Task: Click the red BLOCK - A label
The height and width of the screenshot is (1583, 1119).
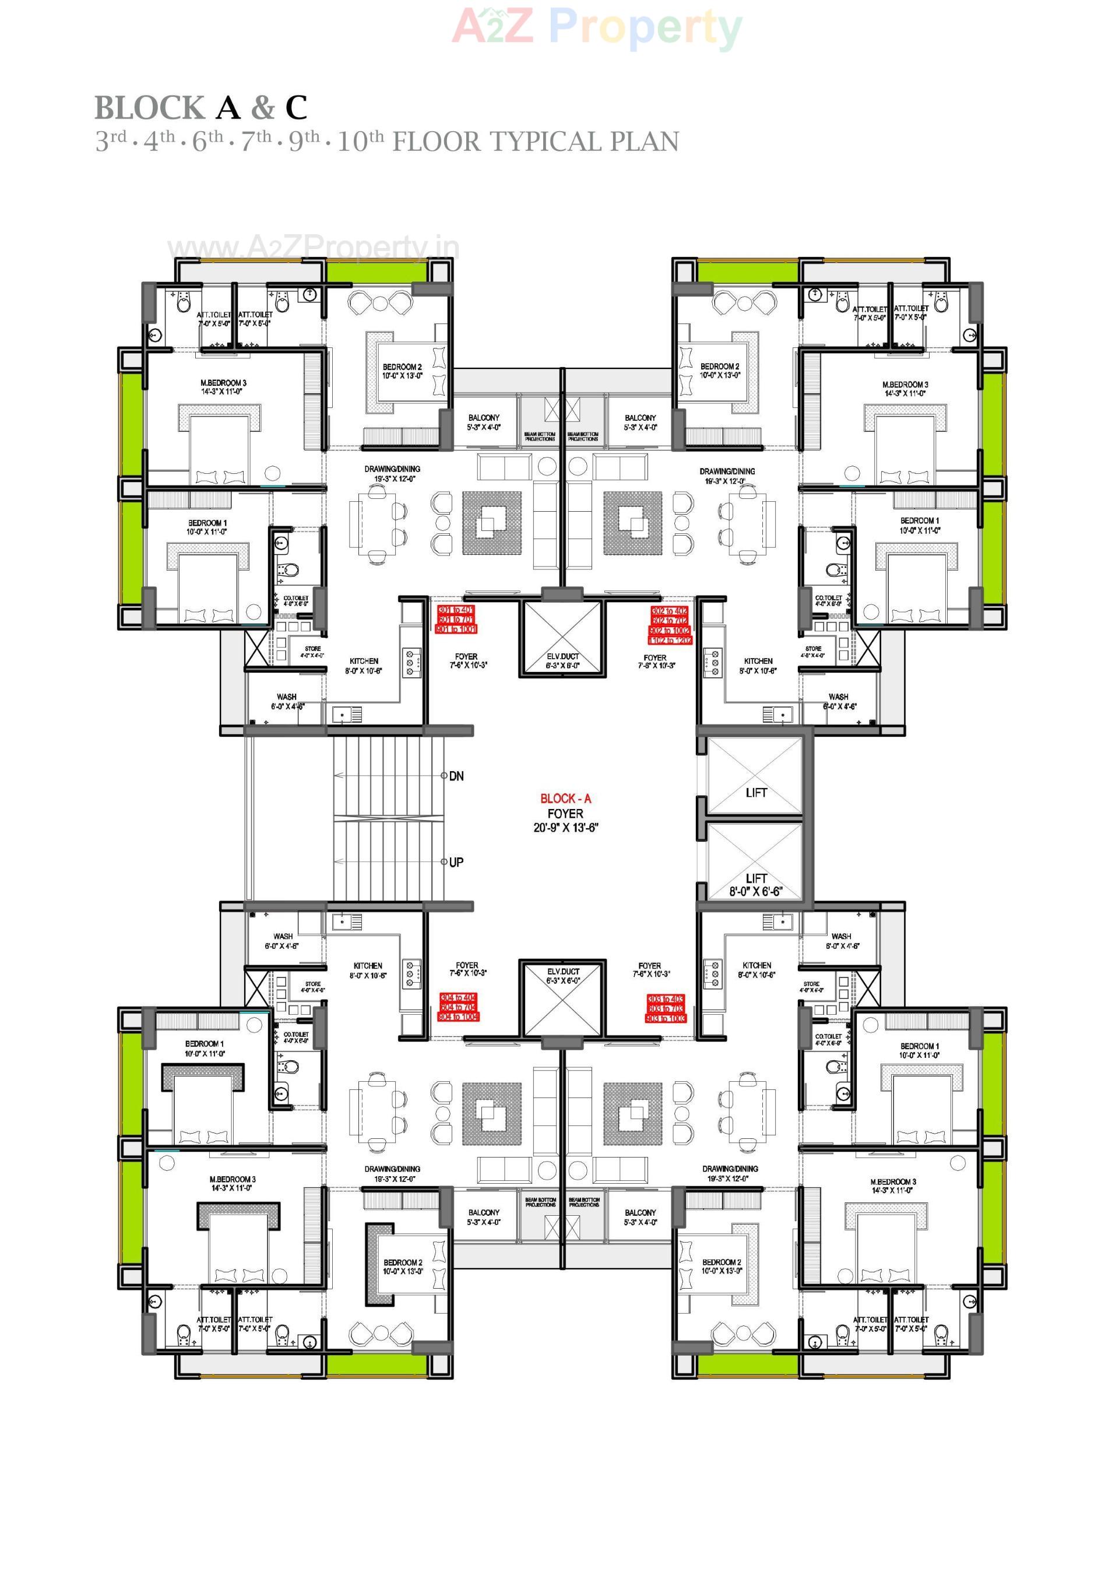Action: pyautogui.click(x=565, y=798)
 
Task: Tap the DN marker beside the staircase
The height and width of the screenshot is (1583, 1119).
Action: pyautogui.click(x=456, y=776)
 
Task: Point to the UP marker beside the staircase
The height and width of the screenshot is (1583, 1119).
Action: pyautogui.click(x=456, y=862)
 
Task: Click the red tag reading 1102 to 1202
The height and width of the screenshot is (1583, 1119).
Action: pyautogui.click(x=670, y=641)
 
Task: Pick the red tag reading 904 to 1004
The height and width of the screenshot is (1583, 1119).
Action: pyautogui.click(x=459, y=1017)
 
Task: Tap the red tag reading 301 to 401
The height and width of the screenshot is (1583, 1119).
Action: pyautogui.click(x=456, y=610)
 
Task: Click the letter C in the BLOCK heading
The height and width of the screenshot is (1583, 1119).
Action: pyautogui.click(x=297, y=108)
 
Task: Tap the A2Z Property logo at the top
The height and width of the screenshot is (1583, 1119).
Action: pyautogui.click(x=597, y=27)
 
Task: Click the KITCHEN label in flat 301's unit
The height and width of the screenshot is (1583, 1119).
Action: pyautogui.click(x=365, y=660)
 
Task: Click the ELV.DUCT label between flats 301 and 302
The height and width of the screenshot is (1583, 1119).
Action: pyautogui.click(x=562, y=656)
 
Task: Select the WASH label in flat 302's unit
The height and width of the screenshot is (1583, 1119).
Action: pyautogui.click(x=839, y=697)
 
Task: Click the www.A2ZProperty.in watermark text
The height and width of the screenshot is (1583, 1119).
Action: pyautogui.click(x=314, y=247)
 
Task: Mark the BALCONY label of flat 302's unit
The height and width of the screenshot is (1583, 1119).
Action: pyautogui.click(x=640, y=418)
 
